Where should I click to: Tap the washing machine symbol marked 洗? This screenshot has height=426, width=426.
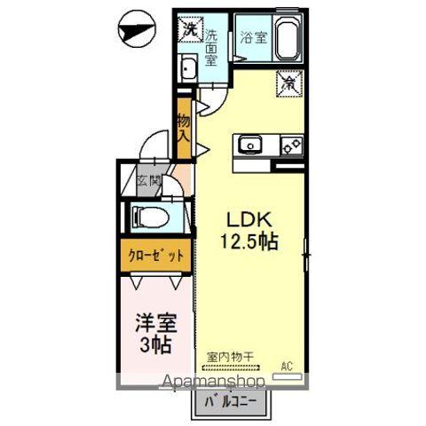point(190,30)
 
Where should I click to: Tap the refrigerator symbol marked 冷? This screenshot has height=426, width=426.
point(289,83)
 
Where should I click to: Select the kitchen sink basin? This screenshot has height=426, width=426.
point(248,144)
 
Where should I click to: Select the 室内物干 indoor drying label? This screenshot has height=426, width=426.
point(231,357)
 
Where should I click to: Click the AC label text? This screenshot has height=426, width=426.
point(287,365)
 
